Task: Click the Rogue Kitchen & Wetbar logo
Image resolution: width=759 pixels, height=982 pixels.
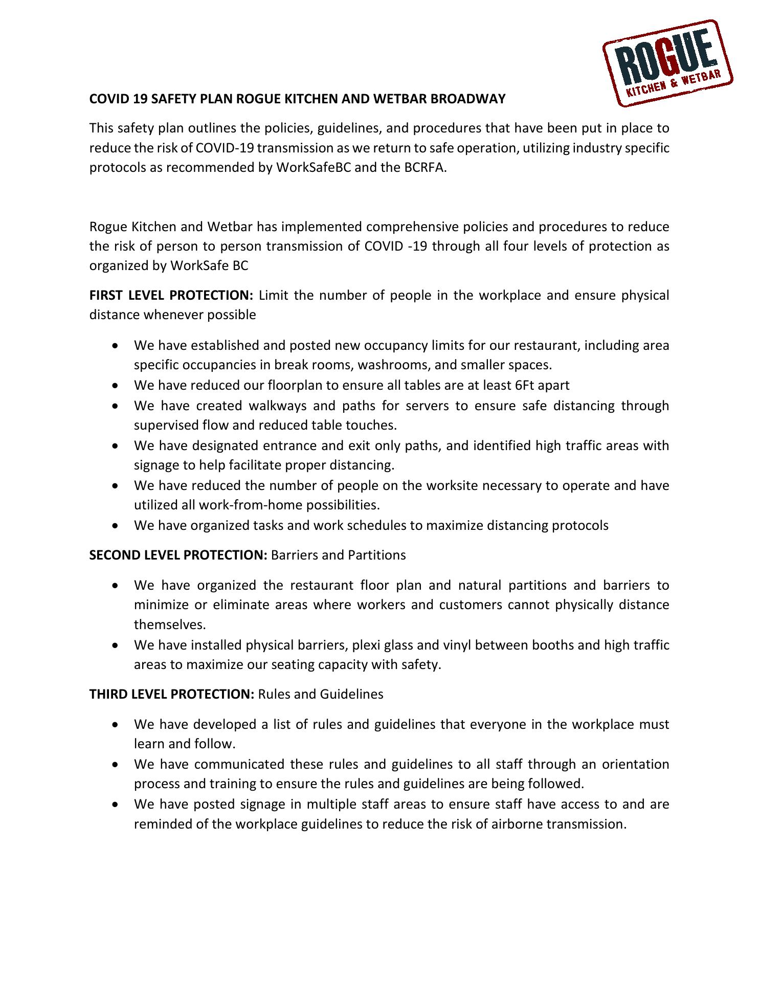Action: [667, 62]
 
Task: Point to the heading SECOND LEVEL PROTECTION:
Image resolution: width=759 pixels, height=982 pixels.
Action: [178, 555]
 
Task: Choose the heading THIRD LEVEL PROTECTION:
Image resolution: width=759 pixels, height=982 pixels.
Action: [172, 695]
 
